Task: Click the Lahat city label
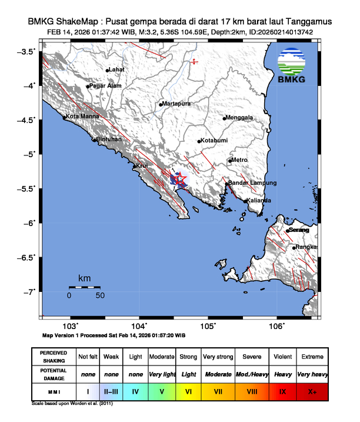pyautogui.click(x=117, y=70)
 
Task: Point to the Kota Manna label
pyautogui.click(x=81, y=117)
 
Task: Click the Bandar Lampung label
pyautogui.click(x=252, y=183)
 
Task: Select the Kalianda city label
pyautogui.click(x=259, y=201)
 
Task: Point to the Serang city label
pyautogui.click(x=299, y=230)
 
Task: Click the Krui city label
pyautogui.click(x=143, y=166)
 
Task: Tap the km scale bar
pyautogui.click(x=84, y=287)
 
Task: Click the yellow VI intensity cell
pyautogui.click(x=188, y=390)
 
